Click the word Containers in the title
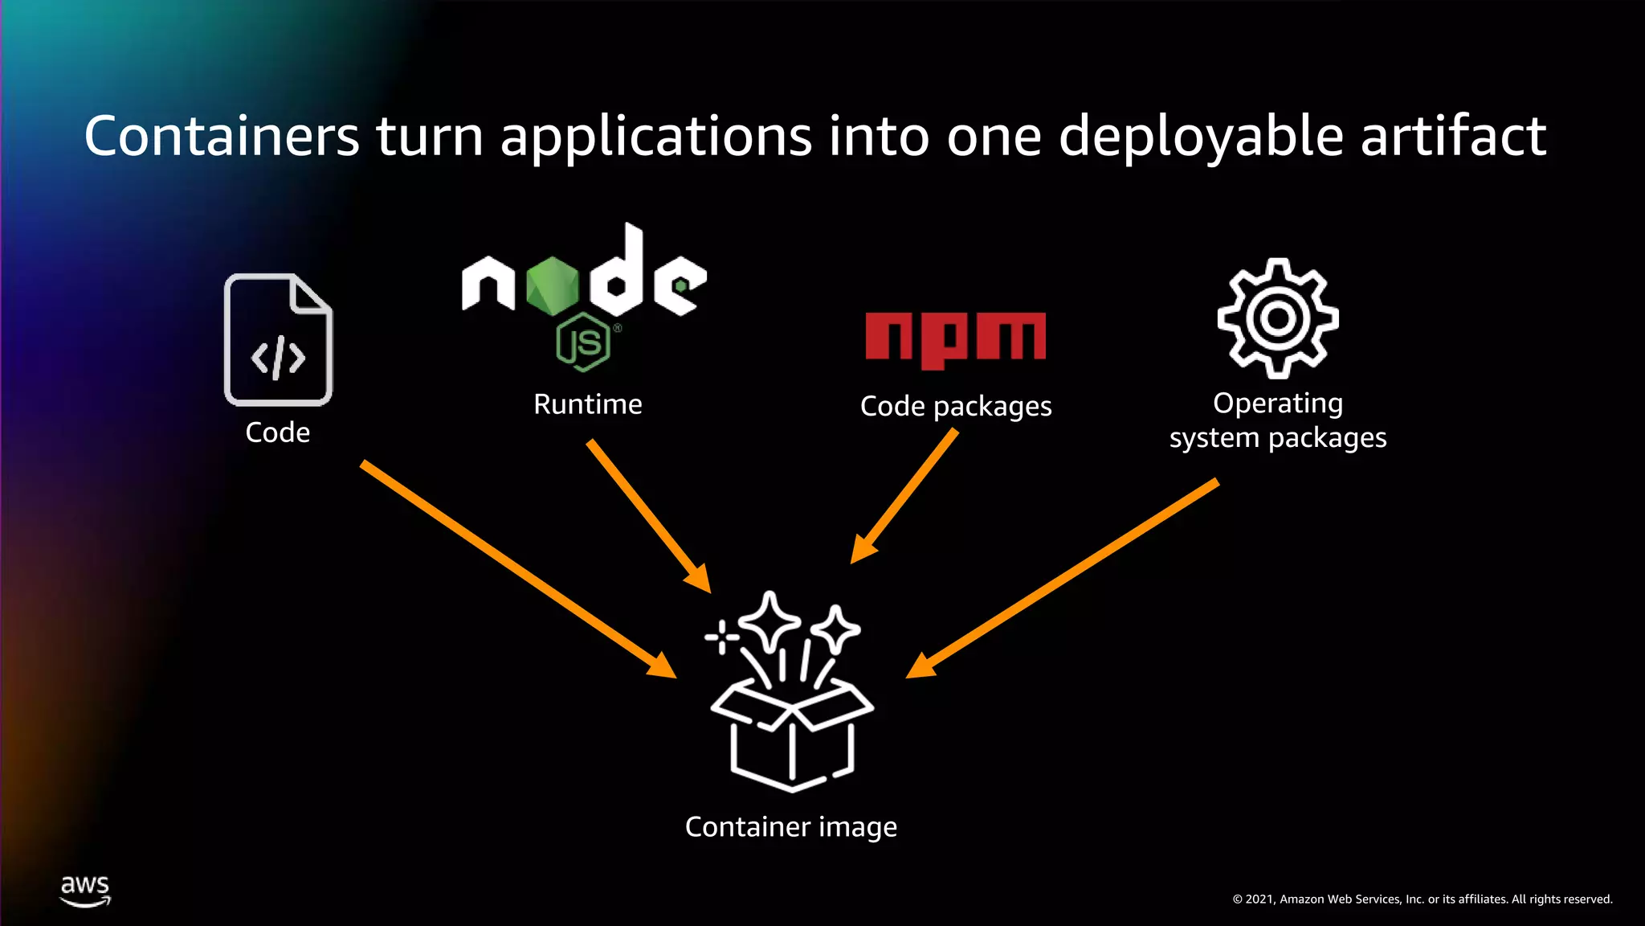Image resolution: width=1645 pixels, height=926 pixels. pos(222,136)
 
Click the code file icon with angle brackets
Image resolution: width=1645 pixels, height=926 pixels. pos(278,340)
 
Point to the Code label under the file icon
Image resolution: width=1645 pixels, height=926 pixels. pos(277,432)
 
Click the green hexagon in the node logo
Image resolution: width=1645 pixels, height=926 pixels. pos(553,285)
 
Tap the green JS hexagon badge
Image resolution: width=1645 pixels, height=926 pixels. pos(583,343)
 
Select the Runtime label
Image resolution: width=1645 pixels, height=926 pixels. pos(587,404)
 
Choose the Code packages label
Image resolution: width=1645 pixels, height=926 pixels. pos(955,407)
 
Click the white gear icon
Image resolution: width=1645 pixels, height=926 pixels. pos(1277,318)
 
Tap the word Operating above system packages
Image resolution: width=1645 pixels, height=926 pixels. pos(1277,403)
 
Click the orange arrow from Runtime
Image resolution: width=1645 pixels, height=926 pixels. pos(647,514)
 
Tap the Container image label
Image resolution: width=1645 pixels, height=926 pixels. pos(790,827)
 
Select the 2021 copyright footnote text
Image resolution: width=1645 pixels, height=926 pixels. pos(1422,899)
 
